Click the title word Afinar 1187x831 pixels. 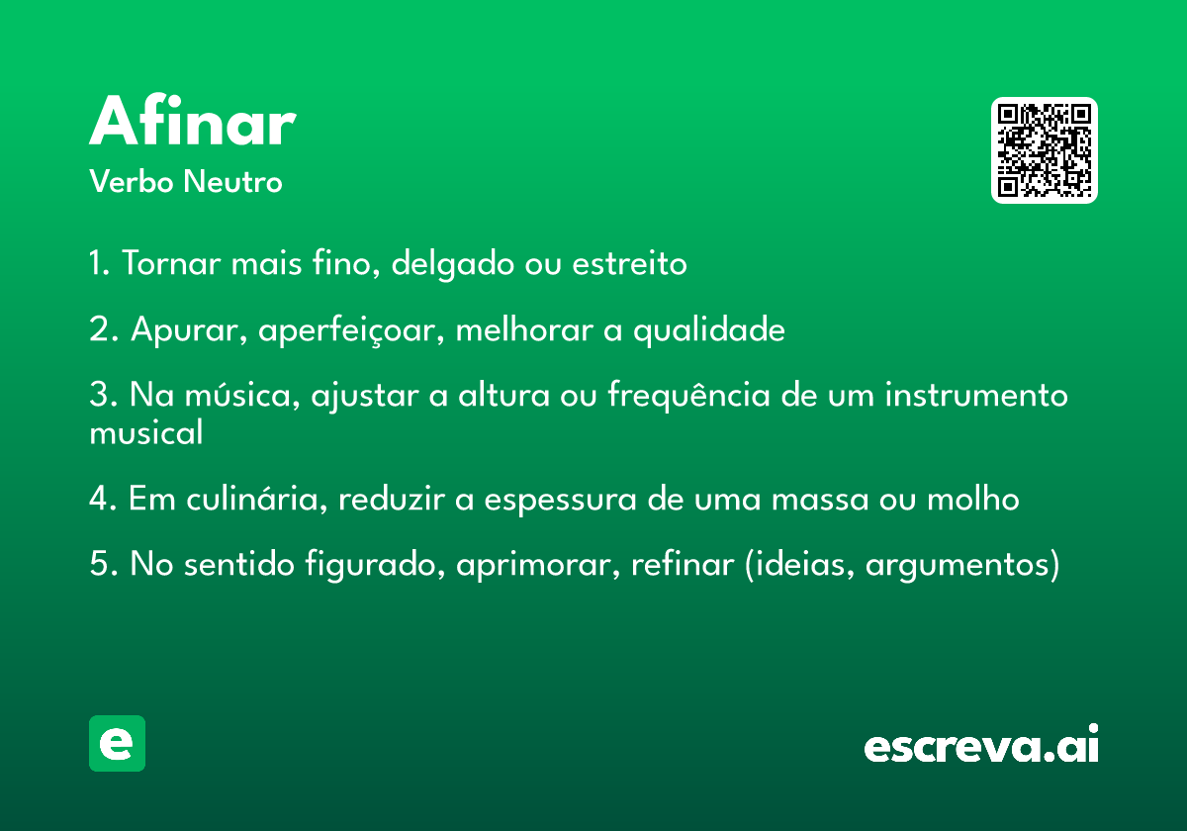tap(192, 121)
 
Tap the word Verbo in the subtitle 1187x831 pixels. tap(132, 181)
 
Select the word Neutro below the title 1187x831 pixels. tap(232, 181)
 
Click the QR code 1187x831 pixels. tap(1044, 150)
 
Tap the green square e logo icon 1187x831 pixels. tap(117, 743)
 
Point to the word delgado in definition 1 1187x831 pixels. tap(453, 264)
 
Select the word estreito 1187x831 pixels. tap(629, 263)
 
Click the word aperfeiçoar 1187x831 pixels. tap(351, 330)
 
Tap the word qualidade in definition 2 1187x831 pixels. tap(709, 330)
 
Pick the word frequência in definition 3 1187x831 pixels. tap(688, 396)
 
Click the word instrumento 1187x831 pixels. tap(976, 396)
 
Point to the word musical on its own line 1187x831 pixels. tap(146, 432)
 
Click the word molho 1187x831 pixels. tap(973, 499)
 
